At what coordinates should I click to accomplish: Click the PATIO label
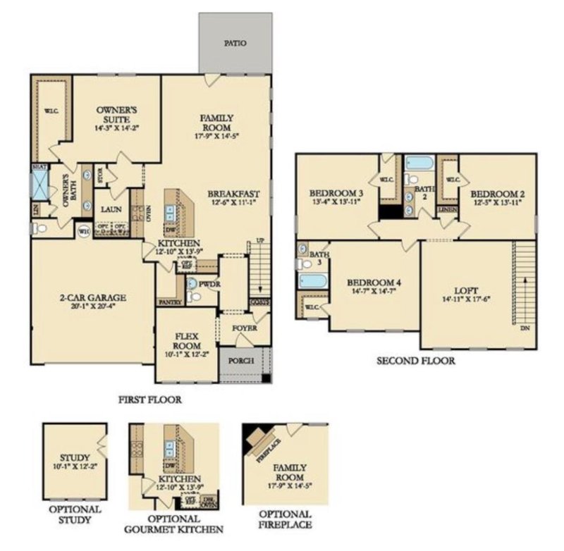[235, 43]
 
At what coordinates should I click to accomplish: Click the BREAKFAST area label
[234, 193]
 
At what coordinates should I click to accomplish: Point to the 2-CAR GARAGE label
[92, 299]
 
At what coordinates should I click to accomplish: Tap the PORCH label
[241, 360]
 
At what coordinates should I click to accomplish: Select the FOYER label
[245, 328]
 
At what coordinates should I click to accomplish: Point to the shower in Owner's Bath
[39, 185]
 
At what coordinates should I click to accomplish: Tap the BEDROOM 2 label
[496, 193]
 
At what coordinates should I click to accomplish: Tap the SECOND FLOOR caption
[415, 361]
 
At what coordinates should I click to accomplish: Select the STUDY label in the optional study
[74, 456]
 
